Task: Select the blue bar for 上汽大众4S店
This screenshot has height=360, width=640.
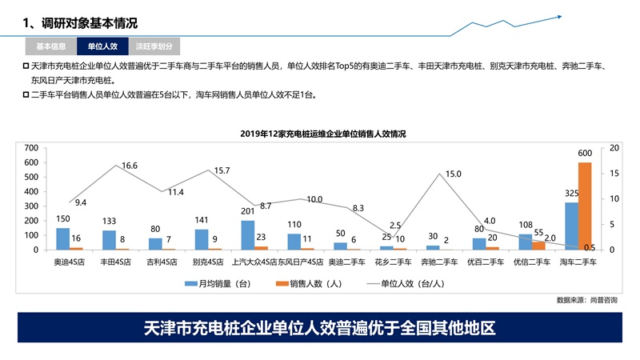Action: click(247, 235)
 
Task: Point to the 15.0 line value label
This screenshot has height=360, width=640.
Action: click(454, 174)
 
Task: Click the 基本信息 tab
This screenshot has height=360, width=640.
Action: click(50, 46)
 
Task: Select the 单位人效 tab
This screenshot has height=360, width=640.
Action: click(102, 46)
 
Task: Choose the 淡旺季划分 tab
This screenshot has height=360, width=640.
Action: click(154, 46)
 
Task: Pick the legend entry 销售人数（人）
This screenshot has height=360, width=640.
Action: click(307, 283)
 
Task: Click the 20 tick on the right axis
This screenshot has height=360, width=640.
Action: click(614, 148)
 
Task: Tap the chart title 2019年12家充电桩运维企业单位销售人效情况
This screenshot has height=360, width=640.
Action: click(322, 134)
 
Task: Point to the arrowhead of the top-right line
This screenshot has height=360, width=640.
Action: click(559, 15)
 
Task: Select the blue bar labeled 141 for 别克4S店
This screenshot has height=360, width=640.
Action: click(202, 239)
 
